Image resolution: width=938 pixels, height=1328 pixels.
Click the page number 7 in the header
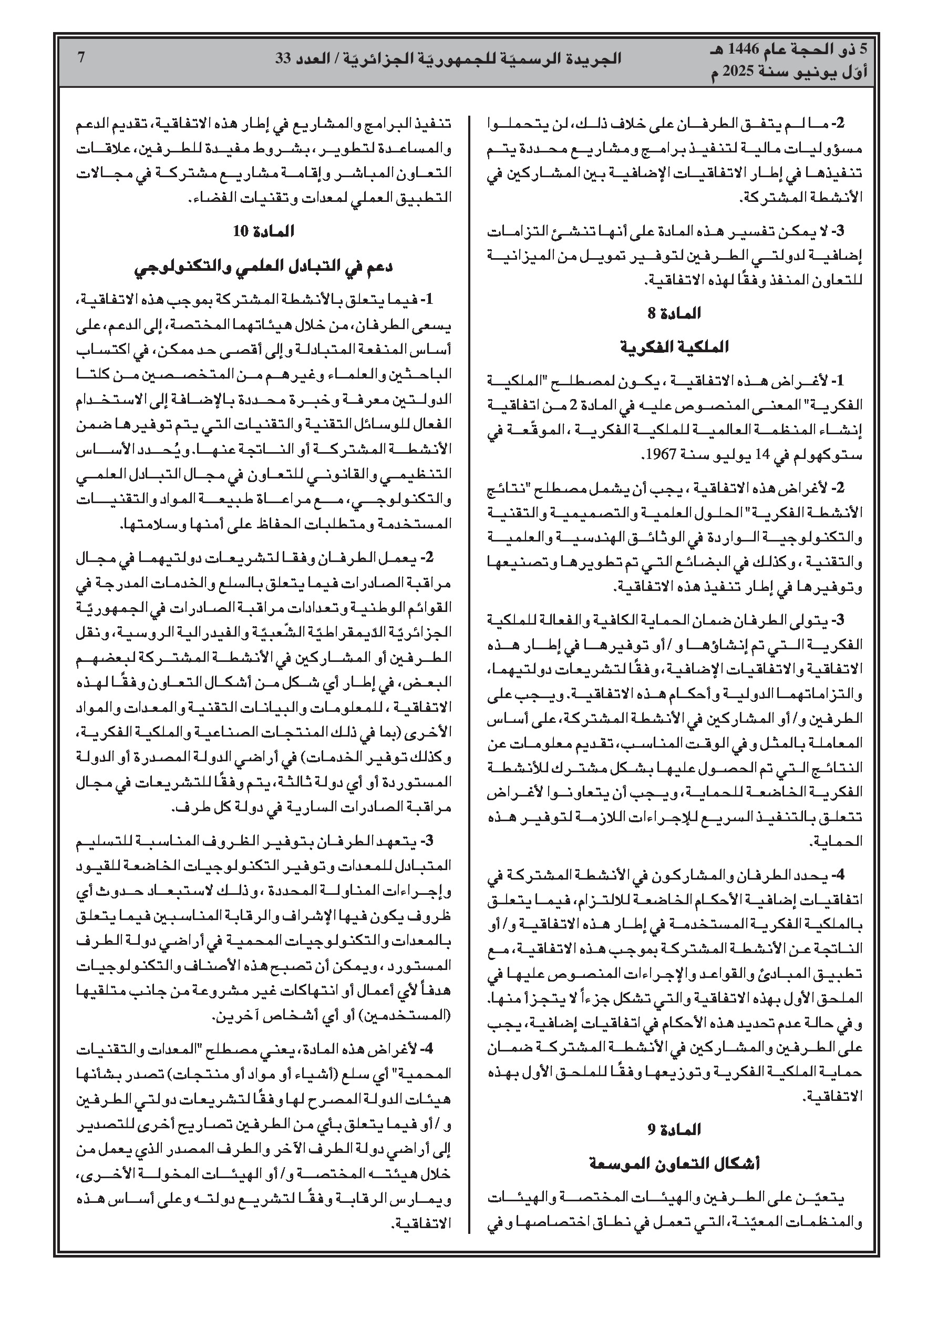pyautogui.click(x=81, y=58)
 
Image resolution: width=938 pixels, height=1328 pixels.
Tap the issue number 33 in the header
pyautogui.click(x=284, y=58)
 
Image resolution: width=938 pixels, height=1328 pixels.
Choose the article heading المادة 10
pyautogui.click(x=264, y=231)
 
